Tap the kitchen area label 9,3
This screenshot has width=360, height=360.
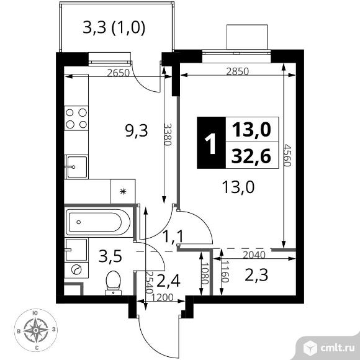pyautogui.click(x=137, y=132)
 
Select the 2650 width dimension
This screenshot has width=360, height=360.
pyautogui.click(x=119, y=73)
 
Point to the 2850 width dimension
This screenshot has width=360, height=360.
pyautogui.click(x=237, y=71)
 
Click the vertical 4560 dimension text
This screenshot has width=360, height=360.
pyautogui.click(x=287, y=155)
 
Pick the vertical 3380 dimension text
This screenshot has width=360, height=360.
pyautogui.click(x=168, y=135)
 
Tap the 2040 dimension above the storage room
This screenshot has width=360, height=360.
pyautogui.click(x=254, y=255)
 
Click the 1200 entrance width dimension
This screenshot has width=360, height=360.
pyautogui.click(x=163, y=297)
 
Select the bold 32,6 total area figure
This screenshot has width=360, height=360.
pyautogui.click(x=251, y=156)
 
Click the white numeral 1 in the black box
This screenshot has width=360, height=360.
pyautogui.click(x=210, y=144)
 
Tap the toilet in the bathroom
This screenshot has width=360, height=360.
pyautogui.click(x=113, y=283)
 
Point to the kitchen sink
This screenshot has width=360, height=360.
pyautogui.click(x=76, y=167)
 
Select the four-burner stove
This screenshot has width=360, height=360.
pyautogui.click(x=76, y=118)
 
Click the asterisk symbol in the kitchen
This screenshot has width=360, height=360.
pyautogui.click(x=124, y=191)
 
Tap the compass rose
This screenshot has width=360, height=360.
pyautogui.click(x=36, y=330)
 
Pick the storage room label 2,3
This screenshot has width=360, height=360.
pyautogui.click(x=256, y=275)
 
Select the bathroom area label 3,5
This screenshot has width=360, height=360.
pyautogui.click(x=110, y=256)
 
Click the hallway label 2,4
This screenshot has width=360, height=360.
pyautogui.click(x=168, y=281)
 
